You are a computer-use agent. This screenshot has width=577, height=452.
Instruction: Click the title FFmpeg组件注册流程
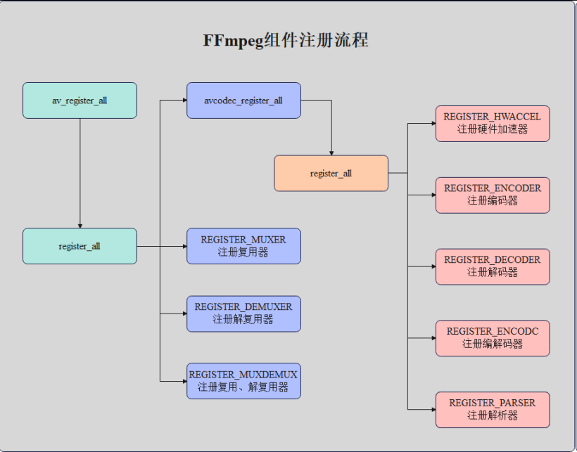click(286, 40)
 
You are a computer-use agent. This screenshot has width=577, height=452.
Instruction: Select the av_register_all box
click(80, 101)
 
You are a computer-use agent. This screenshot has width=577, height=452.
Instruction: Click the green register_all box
click(80, 246)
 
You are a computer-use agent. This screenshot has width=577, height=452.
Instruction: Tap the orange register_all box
click(331, 173)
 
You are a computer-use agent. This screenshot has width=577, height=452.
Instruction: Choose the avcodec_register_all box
click(243, 101)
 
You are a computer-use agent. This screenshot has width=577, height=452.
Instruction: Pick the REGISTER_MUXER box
click(243, 246)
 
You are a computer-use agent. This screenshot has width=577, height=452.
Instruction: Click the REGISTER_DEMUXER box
click(243, 314)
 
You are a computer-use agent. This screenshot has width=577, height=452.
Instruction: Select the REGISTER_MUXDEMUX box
click(243, 381)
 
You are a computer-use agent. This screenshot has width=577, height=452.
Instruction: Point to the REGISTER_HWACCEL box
click(493, 123)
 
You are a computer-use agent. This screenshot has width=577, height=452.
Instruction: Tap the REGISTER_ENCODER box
click(493, 195)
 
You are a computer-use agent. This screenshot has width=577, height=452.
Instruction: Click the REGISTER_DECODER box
click(493, 266)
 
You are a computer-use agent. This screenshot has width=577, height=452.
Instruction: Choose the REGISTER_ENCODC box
click(493, 337)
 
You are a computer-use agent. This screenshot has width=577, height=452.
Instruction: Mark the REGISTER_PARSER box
click(493, 409)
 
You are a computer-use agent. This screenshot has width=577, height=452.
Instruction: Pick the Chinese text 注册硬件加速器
click(493, 129)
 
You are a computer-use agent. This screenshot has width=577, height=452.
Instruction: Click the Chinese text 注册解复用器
click(243, 320)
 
